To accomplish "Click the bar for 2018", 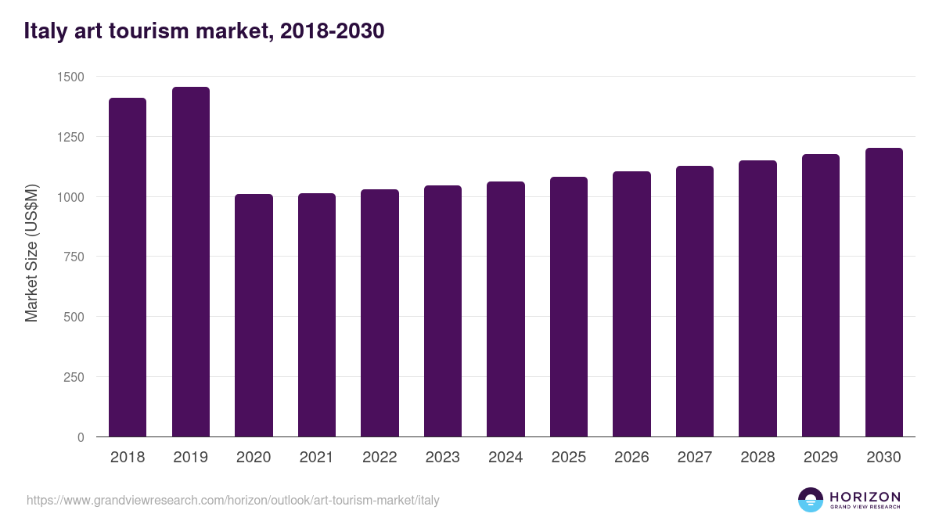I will tap(128, 267).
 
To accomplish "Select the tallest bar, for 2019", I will tap(191, 261).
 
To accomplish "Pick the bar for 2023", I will tap(443, 311).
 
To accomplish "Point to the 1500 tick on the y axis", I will tap(70, 77).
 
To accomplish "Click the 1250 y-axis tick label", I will tap(70, 137).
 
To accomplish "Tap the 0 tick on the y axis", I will tap(80, 437).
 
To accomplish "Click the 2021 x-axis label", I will tap(317, 458).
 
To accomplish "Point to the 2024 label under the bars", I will tap(505, 458).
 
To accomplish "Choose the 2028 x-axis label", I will tap(757, 458).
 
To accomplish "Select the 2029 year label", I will tap(821, 458).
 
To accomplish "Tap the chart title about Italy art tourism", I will tap(204, 31).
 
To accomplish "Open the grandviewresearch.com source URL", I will tap(233, 500).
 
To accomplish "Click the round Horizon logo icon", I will tap(811, 500).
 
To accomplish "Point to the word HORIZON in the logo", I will tap(865, 496).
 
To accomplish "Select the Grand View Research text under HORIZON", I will tap(865, 508).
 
